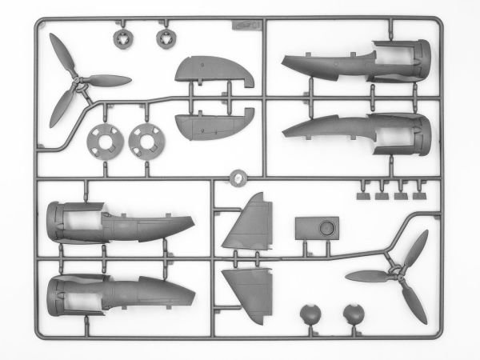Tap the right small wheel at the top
point(163,37)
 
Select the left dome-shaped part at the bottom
point(309,314)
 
